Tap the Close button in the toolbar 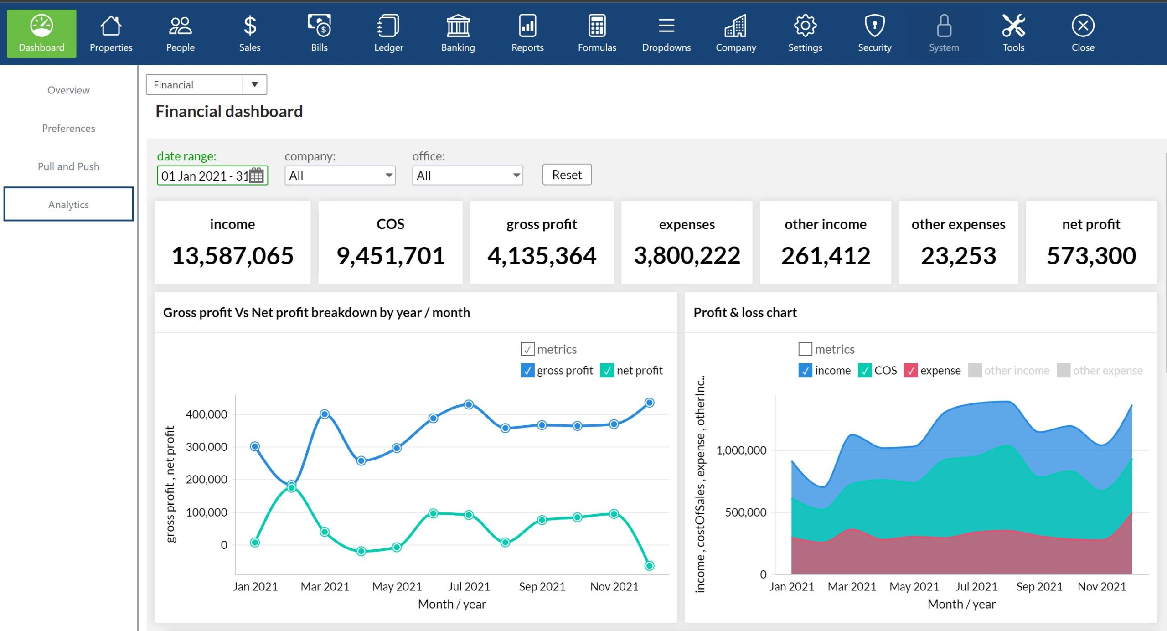click(x=1083, y=33)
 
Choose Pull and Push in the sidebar click(x=68, y=166)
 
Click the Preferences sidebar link click(x=68, y=128)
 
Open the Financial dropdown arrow click(x=255, y=84)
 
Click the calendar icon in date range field click(x=256, y=175)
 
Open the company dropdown click(x=340, y=176)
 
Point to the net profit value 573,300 click(x=1091, y=255)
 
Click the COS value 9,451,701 click(x=390, y=255)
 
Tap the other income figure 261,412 click(x=826, y=255)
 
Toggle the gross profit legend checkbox click(x=527, y=370)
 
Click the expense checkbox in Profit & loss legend click(x=910, y=370)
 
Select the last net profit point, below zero click(x=649, y=565)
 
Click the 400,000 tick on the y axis click(x=207, y=414)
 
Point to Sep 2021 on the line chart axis click(x=542, y=586)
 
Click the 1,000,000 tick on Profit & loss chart click(x=741, y=450)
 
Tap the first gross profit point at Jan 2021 click(x=255, y=446)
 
